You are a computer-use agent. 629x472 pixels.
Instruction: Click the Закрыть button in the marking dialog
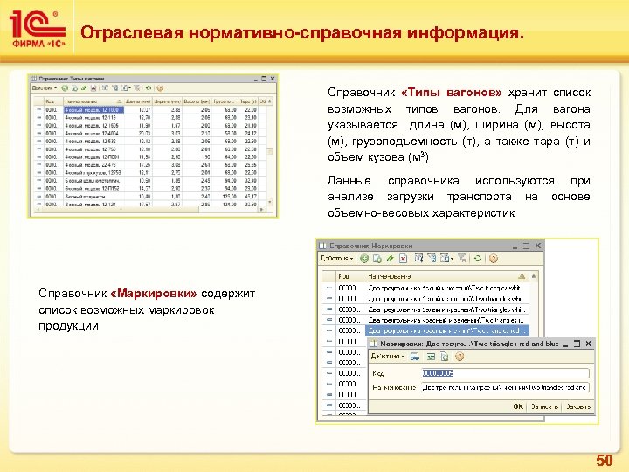click(x=577, y=406)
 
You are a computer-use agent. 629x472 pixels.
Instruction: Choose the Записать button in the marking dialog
click(x=544, y=406)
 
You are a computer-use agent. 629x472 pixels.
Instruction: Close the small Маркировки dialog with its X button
click(x=587, y=344)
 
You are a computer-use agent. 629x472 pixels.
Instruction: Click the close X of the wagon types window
click(x=273, y=77)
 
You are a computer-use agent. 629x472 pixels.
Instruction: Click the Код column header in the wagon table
click(x=50, y=101)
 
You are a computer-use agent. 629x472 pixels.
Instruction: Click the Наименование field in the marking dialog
click(x=504, y=387)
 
